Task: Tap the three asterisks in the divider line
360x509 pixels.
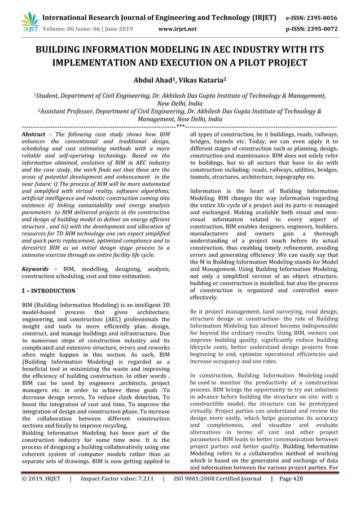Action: [180, 127]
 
